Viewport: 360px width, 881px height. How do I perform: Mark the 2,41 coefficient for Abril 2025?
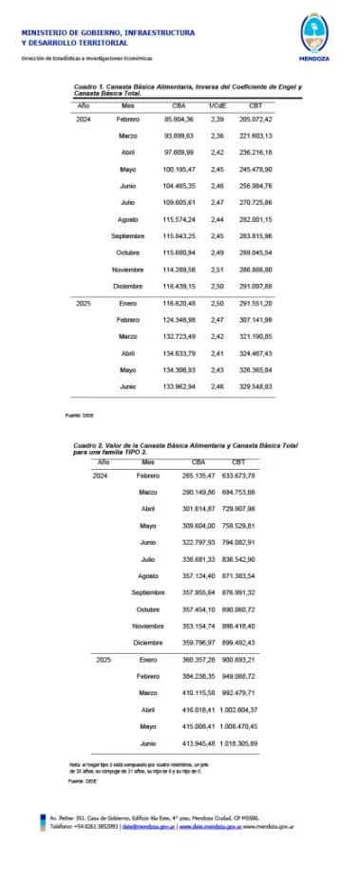[217, 353]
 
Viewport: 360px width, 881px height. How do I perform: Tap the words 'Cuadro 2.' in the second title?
[89, 444]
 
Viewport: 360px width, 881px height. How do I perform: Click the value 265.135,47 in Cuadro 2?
[195, 476]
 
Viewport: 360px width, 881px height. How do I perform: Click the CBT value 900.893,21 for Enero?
[237, 659]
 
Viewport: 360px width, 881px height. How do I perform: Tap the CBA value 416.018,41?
[195, 708]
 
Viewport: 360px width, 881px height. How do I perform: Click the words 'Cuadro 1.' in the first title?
[88, 86]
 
